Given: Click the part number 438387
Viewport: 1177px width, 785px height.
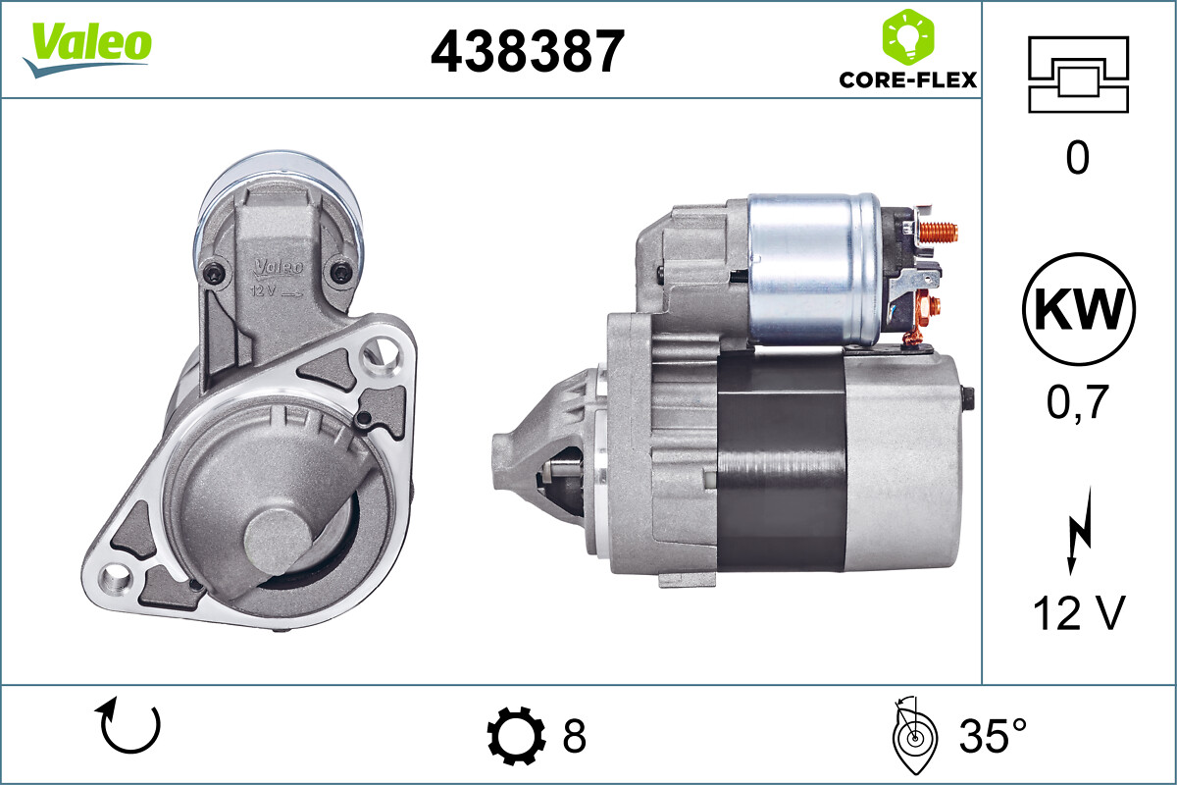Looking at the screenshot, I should pyautogui.click(x=527, y=51).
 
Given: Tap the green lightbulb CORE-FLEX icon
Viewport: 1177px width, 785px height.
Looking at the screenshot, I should pyautogui.click(x=907, y=36).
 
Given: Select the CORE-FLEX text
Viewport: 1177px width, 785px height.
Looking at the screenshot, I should pyautogui.click(x=907, y=79).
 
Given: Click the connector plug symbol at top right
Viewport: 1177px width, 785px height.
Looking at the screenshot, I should pyautogui.click(x=1078, y=74).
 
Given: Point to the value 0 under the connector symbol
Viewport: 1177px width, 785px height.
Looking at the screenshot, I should pyautogui.click(x=1077, y=158).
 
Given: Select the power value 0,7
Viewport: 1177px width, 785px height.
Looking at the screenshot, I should pyautogui.click(x=1077, y=400).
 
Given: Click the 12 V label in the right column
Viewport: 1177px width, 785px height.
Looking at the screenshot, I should pyautogui.click(x=1077, y=614).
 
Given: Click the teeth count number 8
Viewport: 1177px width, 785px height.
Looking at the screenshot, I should pyautogui.click(x=574, y=735).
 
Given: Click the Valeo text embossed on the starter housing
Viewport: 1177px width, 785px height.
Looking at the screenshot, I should pyautogui.click(x=280, y=266).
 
